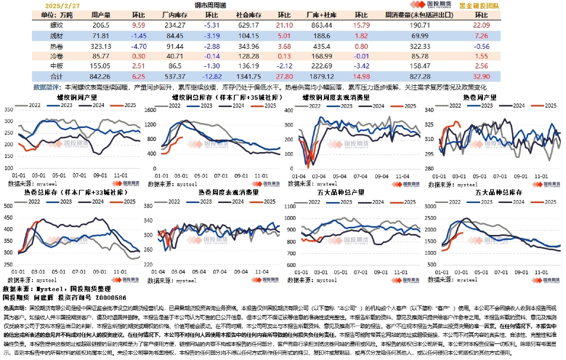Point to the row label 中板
57,66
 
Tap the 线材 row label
57,36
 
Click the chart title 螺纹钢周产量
78,97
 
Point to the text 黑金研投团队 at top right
479,6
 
